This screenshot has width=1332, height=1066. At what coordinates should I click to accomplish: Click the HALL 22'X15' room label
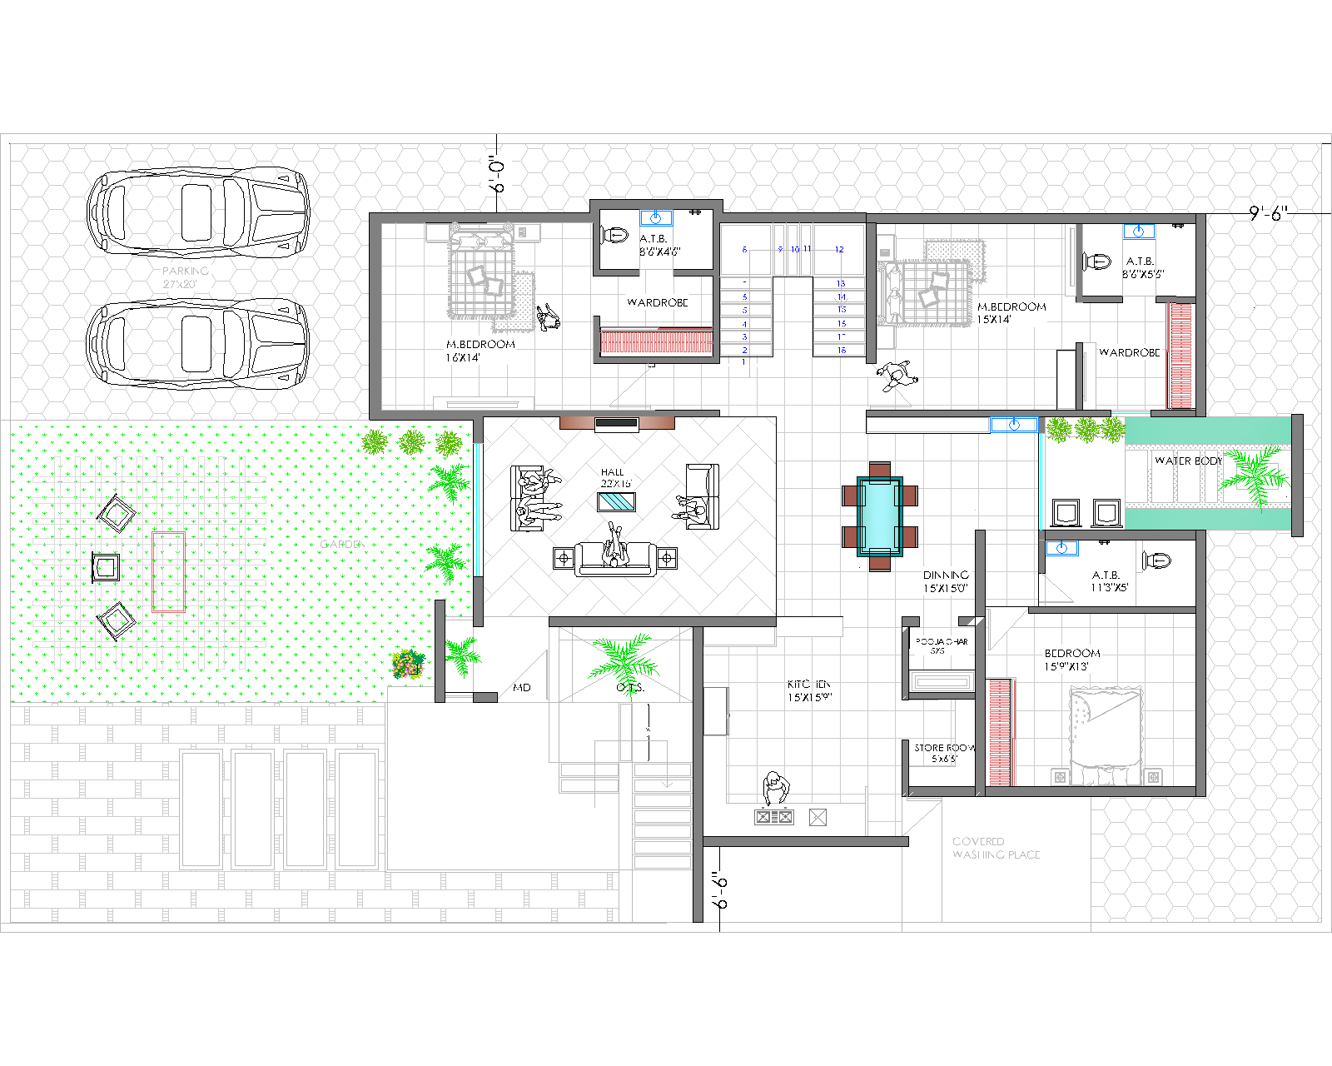coord(615,477)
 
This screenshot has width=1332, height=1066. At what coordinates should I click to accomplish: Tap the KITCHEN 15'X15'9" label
coord(808,690)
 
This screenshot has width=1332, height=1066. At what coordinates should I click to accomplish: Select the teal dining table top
coord(879,515)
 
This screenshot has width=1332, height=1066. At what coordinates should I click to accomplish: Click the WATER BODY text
coord(1187,461)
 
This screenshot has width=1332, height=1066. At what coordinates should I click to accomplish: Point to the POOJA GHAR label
coord(942,645)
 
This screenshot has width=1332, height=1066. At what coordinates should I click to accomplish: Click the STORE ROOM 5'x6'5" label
coord(944,753)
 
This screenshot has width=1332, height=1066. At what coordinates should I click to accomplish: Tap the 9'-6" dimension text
coord(1268,213)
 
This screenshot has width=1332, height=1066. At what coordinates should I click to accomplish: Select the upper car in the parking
coord(198,212)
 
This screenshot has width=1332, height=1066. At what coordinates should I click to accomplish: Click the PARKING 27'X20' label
coord(184,277)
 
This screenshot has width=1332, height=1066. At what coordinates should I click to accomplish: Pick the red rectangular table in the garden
coord(168,571)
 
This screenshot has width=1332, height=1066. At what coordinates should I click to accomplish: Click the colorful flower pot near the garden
coord(407,665)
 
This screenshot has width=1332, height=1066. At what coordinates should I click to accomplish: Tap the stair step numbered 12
coord(839,249)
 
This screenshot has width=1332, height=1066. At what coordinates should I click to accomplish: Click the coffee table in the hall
coord(616,501)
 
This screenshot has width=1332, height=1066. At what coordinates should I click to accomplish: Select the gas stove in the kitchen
coord(773,817)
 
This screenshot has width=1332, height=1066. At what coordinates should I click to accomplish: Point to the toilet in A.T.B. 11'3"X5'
coord(1156,560)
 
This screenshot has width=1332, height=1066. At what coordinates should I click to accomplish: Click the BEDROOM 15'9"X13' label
coord(1071,660)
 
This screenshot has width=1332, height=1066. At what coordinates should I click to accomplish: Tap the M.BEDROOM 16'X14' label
coord(480,351)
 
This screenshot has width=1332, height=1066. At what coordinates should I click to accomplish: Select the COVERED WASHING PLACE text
coord(995,848)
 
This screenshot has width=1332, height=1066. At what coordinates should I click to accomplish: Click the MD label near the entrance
coord(522,687)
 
